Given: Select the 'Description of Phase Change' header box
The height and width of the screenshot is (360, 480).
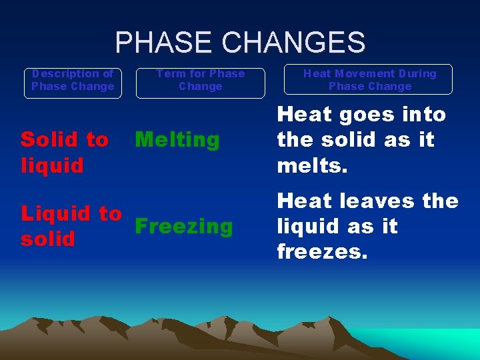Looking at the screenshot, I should tap(73, 81).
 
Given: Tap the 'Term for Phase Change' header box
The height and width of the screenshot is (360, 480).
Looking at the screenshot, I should tap(201, 81).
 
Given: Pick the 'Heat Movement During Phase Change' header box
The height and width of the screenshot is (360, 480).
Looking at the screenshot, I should tap(370, 80).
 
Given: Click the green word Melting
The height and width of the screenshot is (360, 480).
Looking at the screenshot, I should tap(177, 140).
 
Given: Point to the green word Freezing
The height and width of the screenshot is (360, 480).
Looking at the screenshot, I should tap(184, 227).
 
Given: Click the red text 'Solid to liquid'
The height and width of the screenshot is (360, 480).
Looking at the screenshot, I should tap(64, 152).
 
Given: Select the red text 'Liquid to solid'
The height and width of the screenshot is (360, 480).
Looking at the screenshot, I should tap(71, 226).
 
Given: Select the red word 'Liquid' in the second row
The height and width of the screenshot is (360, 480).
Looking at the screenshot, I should tap(55, 214).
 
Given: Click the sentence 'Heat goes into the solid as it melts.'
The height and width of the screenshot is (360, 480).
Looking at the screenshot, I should tap(361, 140).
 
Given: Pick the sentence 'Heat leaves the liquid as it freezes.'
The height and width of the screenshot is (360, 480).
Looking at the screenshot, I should tap(367, 227).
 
